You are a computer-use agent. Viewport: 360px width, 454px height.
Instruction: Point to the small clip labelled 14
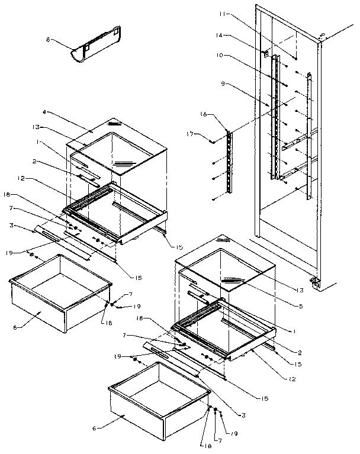click(266, 53)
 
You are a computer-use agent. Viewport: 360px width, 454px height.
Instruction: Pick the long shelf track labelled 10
click(274, 118)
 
